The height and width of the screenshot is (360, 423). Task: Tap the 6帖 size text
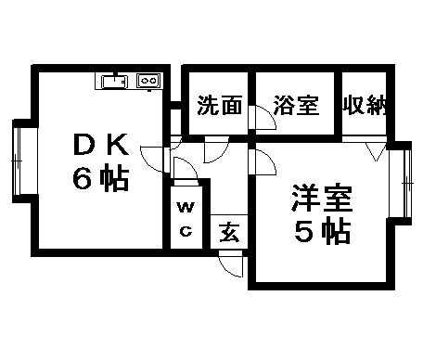pyautogui.click(x=101, y=178)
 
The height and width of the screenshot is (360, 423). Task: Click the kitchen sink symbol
pyautogui.click(x=112, y=82)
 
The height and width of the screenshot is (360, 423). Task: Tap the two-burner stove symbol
pyautogui.click(x=147, y=82)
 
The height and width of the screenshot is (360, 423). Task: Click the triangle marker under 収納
pyautogui.click(x=376, y=149)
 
